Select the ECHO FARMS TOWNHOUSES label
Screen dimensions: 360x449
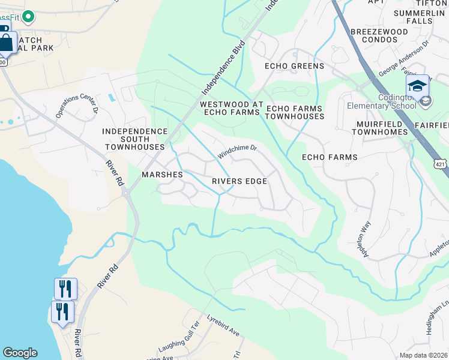[x=295, y=112]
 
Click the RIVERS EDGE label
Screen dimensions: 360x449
[x=239, y=181]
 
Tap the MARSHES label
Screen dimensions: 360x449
[x=161, y=175]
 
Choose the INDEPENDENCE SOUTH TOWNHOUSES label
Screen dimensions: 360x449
[x=134, y=139]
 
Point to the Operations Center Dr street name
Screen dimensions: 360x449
[x=77, y=103]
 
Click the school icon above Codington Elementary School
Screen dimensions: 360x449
[x=417, y=86]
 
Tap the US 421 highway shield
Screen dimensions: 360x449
[x=441, y=162]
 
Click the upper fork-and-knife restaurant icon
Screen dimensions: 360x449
[x=65, y=289]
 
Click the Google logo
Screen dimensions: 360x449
[x=20, y=353]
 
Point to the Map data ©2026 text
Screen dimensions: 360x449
[x=423, y=355]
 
